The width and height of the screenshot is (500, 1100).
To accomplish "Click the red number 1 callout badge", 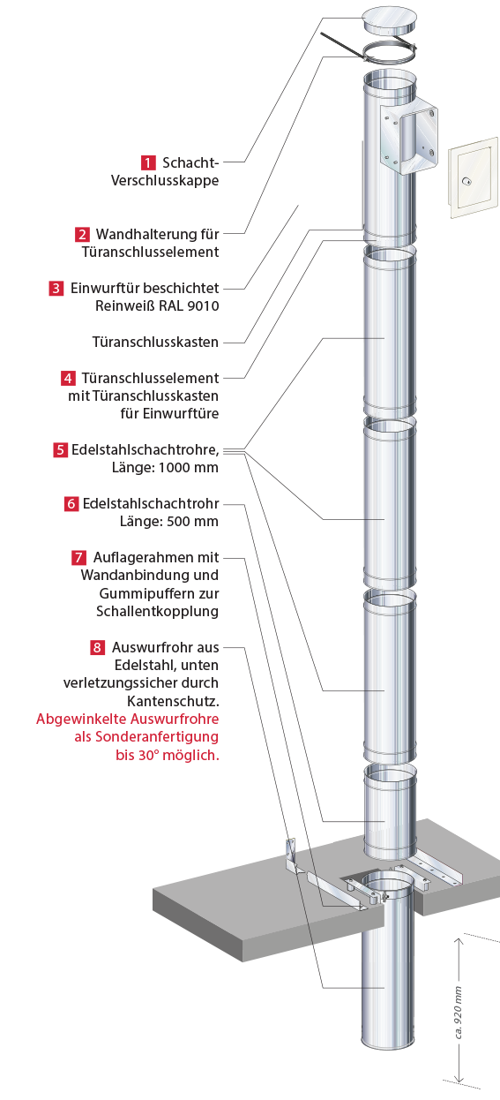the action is [148, 162].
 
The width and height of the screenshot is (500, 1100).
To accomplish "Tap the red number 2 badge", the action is [82, 234].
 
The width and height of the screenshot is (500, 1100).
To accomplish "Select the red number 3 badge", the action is [56, 289].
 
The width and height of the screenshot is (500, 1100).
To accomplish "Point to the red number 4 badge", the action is [68, 378].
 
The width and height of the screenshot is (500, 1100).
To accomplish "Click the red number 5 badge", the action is [60, 450].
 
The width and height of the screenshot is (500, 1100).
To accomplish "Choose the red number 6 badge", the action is [71, 504].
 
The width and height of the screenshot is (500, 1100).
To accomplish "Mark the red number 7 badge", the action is [78, 558].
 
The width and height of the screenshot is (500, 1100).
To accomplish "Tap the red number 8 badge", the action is [97, 648].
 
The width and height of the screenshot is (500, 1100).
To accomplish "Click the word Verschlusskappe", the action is [165, 181].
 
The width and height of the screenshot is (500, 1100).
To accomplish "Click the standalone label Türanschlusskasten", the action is [155, 342].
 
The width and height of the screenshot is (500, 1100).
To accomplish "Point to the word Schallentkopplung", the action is [158, 612].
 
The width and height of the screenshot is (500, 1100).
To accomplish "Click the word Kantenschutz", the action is [173, 701].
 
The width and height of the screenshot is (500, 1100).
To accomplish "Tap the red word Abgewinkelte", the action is [80, 720].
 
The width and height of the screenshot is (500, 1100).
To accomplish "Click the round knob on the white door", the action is [466, 181].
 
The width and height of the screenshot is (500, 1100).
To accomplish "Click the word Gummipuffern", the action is [159, 594].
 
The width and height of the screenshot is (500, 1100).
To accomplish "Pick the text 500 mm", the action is [193, 522].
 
